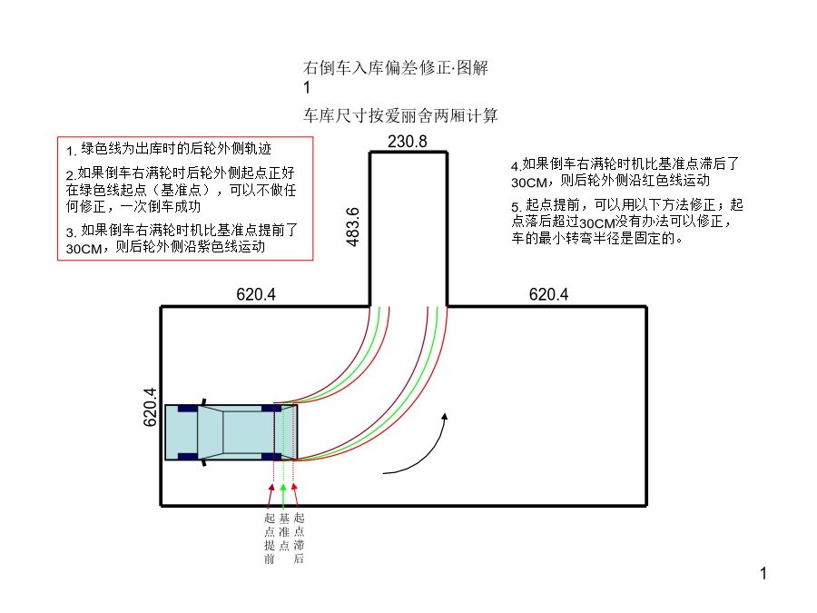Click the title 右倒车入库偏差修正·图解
pyautogui.click(x=396, y=68)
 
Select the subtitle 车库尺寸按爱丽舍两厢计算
pyautogui.click(x=400, y=115)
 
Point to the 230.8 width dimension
pyautogui.click(x=408, y=142)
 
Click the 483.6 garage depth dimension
pyautogui.click(x=353, y=227)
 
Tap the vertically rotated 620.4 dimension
pyautogui.click(x=150, y=407)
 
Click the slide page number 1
pyautogui.click(x=763, y=573)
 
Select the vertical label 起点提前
pyautogui.click(x=270, y=539)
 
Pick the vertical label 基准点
pyautogui.click(x=284, y=531)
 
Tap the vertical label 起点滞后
pyautogui.click(x=299, y=539)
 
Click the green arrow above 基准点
pyautogui.click(x=283, y=496)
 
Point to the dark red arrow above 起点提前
pyautogui.click(x=270, y=496)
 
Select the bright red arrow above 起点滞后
pyautogui.click(x=296, y=495)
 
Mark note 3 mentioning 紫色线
pyautogui.click(x=182, y=239)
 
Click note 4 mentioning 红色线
pyautogui.click(x=625, y=173)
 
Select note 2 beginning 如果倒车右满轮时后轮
pyautogui.click(x=181, y=190)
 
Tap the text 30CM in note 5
pyautogui.click(x=597, y=223)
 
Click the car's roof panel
pyautogui.click(x=249, y=432)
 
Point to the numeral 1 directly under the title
pyautogui.click(x=307, y=87)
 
